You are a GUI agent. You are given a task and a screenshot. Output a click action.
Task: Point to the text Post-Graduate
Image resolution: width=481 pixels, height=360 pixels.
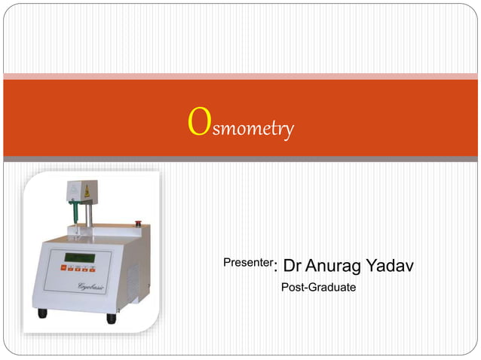[x=318, y=287]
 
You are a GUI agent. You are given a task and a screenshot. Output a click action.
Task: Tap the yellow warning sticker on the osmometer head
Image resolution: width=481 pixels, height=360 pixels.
[x=87, y=191]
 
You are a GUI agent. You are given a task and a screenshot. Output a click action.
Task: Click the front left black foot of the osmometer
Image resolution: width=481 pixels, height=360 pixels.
[x=42, y=313]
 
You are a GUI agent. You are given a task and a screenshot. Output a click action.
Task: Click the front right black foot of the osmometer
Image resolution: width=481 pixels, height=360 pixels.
[x=111, y=318]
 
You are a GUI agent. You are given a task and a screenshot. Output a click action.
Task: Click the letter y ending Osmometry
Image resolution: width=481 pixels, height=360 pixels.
[x=287, y=132]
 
